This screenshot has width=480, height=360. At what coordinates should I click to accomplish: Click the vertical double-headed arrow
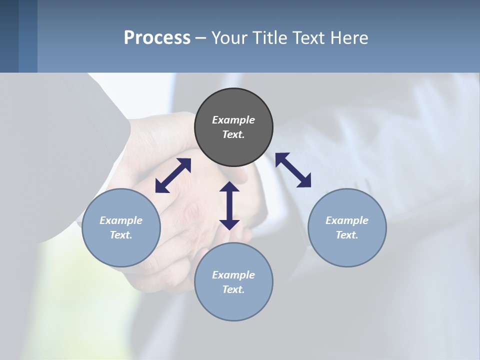pos(229,205)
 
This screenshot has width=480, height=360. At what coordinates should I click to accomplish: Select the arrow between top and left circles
pos(173,175)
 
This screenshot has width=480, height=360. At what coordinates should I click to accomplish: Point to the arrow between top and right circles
pos(293,170)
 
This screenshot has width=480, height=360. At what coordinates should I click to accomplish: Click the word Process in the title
pos(157,37)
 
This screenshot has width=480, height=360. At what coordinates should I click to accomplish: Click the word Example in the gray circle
pos(233,120)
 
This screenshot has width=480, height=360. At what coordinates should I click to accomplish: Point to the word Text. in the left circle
pos(121,235)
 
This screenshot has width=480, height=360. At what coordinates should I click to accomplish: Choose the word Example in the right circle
pos(347,220)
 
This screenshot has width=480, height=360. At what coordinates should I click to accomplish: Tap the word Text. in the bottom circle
pos(233,289)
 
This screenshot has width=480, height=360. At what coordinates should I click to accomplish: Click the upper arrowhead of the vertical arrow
pos(229,187)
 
